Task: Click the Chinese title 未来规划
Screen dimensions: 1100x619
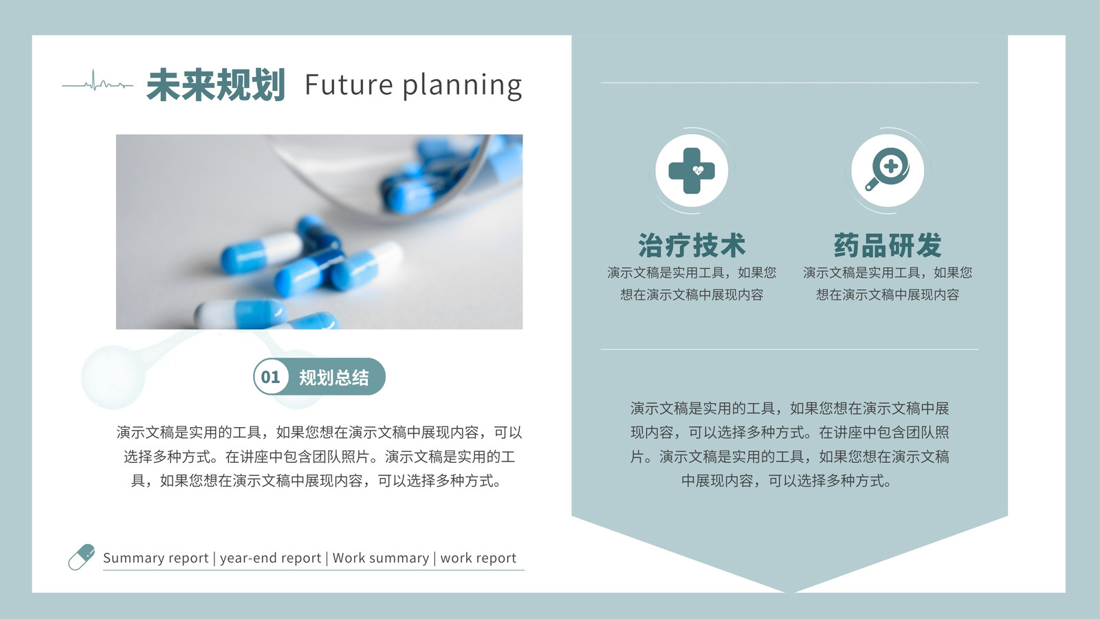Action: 216,85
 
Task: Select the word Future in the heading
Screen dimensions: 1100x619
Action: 349,85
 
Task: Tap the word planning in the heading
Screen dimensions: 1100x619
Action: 462,87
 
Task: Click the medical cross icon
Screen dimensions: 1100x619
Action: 692,171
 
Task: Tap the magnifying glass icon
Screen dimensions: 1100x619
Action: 887,169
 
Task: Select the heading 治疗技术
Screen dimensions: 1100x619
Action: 692,245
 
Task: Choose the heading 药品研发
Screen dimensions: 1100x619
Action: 888,245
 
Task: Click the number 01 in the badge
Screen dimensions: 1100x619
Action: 270,377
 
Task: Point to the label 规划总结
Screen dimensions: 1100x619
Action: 334,378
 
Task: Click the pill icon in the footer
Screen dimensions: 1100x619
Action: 82,557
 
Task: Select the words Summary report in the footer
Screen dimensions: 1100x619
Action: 155,558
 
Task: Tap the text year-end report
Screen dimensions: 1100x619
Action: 270,558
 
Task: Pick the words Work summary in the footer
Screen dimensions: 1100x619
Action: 381,558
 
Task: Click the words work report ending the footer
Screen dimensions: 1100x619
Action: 478,558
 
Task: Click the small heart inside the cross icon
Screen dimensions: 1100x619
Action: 698,171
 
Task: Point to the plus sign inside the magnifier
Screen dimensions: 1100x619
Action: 891,166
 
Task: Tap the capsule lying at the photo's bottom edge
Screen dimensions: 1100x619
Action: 240,314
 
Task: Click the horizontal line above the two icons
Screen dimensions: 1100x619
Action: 790,83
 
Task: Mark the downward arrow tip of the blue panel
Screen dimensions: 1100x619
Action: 790,592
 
